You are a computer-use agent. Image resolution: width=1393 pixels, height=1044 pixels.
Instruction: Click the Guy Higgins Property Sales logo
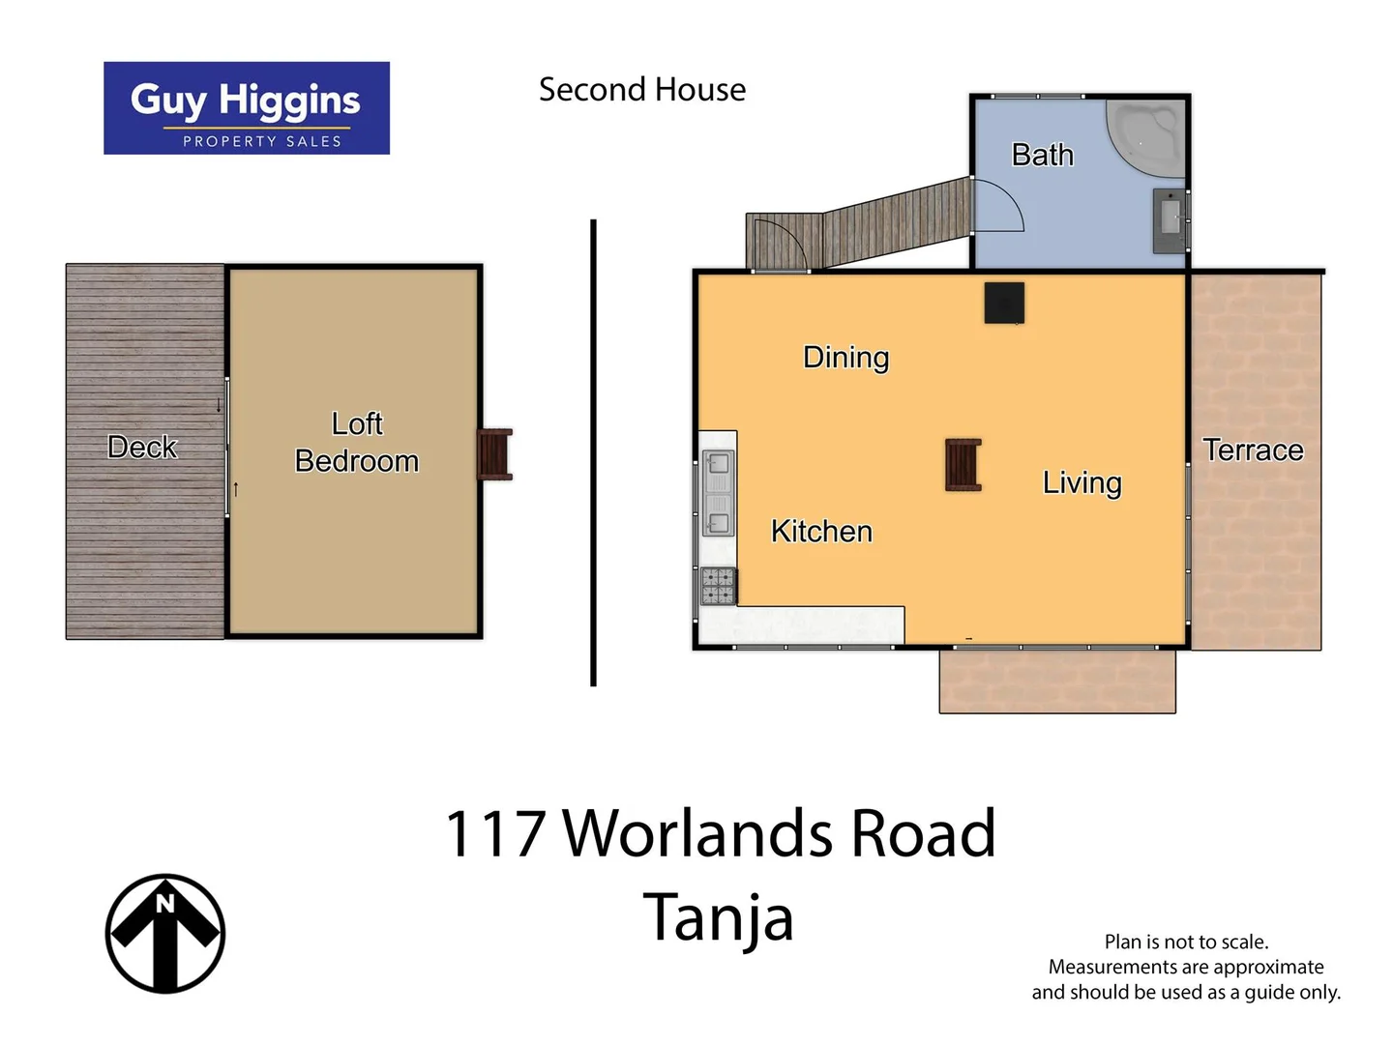pyautogui.click(x=247, y=108)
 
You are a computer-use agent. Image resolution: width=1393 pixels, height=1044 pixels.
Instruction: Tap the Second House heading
pyautogui.click(x=642, y=90)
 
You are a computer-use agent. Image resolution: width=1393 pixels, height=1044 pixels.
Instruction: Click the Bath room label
pyautogui.click(x=1042, y=155)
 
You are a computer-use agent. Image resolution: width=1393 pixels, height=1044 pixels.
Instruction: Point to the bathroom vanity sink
pyautogui.click(x=1170, y=219)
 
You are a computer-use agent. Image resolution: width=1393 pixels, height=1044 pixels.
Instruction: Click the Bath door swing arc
pyautogui.click(x=1002, y=205)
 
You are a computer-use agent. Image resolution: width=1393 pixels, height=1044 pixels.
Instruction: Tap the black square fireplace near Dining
pyautogui.click(x=1004, y=303)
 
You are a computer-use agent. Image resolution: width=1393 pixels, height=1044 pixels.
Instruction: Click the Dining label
pyautogui.click(x=845, y=358)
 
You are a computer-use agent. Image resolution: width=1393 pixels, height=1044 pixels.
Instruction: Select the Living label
pyautogui.click(x=1082, y=482)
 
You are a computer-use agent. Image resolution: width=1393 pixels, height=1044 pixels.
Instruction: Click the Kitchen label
pyautogui.click(x=821, y=532)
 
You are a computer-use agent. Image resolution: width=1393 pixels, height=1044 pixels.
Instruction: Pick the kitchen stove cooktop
pyautogui.click(x=718, y=586)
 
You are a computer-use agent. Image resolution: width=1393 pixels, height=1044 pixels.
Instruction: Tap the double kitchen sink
pyautogui.click(x=718, y=493)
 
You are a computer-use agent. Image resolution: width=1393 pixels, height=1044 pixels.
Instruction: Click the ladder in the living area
pyautogui.click(x=963, y=465)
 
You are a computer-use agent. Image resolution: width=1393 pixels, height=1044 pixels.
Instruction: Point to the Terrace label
pyautogui.click(x=1253, y=450)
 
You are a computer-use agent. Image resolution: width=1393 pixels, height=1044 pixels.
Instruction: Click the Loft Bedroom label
pyautogui.click(x=357, y=443)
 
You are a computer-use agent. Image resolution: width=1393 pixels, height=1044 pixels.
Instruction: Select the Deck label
pyautogui.click(x=142, y=448)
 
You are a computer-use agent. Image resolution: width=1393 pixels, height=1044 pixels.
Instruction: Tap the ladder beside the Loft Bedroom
pyautogui.click(x=494, y=454)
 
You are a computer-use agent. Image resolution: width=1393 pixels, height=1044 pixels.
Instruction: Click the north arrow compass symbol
pyautogui.click(x=165, y=934)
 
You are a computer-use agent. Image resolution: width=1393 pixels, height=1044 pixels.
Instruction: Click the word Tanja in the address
pyautogui.click(x=718, y=917)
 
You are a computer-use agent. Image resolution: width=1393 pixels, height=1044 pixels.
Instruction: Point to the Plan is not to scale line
pyautogui.click(x=1186, y=942)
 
